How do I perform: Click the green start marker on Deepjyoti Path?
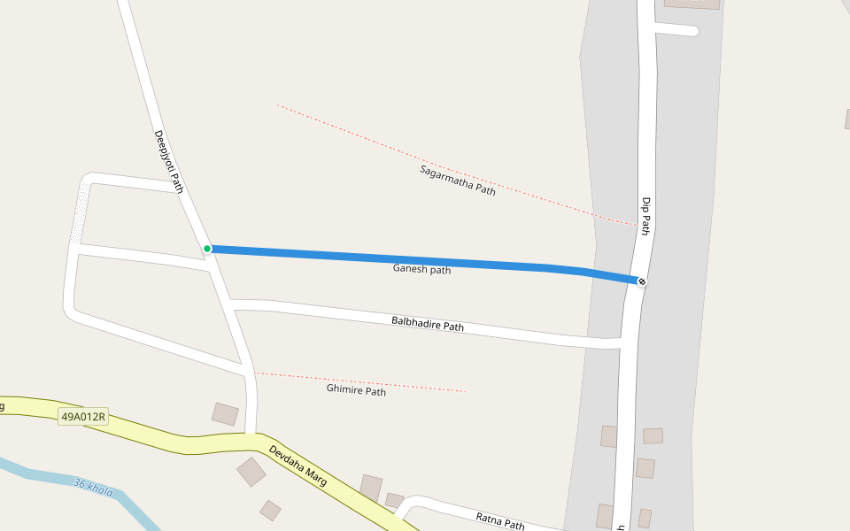tap(207, 249)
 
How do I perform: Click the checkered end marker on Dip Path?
tap(642, 281)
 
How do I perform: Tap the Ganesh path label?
tap(421, 269)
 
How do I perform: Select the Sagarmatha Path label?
tap(458, 180)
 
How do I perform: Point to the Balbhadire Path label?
tap(428, 324)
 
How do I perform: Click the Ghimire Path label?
tap(356, 390)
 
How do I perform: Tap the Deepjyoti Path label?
tap(168, 161)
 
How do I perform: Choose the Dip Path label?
tap(645, 216)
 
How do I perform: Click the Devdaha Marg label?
tap(298, 465)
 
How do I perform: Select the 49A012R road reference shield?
tap(83, 416)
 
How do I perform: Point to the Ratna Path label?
tap(500, 521)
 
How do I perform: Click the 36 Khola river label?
tap(93, 487)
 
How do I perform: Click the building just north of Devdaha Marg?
tap(225, 413)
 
